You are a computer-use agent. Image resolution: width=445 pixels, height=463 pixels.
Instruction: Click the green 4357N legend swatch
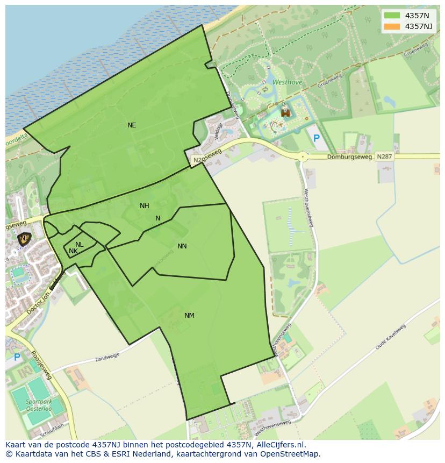392,16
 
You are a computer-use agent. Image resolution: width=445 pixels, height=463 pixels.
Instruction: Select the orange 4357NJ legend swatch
392,26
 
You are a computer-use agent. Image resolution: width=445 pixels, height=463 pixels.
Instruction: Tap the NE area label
132,125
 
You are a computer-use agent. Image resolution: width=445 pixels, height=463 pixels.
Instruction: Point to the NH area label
145,206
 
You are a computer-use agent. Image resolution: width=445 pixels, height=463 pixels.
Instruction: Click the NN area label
182,246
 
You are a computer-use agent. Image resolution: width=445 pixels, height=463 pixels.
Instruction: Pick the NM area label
189,316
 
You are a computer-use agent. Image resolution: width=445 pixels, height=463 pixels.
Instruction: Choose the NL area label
80,245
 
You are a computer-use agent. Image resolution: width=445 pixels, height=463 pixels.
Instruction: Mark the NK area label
74,251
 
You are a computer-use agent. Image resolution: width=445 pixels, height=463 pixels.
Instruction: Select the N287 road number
384,156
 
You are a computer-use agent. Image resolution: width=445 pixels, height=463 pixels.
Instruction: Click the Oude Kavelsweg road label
391,338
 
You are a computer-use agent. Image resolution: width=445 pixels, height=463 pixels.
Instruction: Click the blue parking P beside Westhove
317,139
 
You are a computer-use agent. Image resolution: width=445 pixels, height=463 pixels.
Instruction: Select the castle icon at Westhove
286,112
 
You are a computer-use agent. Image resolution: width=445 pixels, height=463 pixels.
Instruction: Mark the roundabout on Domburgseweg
303,156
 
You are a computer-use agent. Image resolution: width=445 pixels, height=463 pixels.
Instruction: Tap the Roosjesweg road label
41,366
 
